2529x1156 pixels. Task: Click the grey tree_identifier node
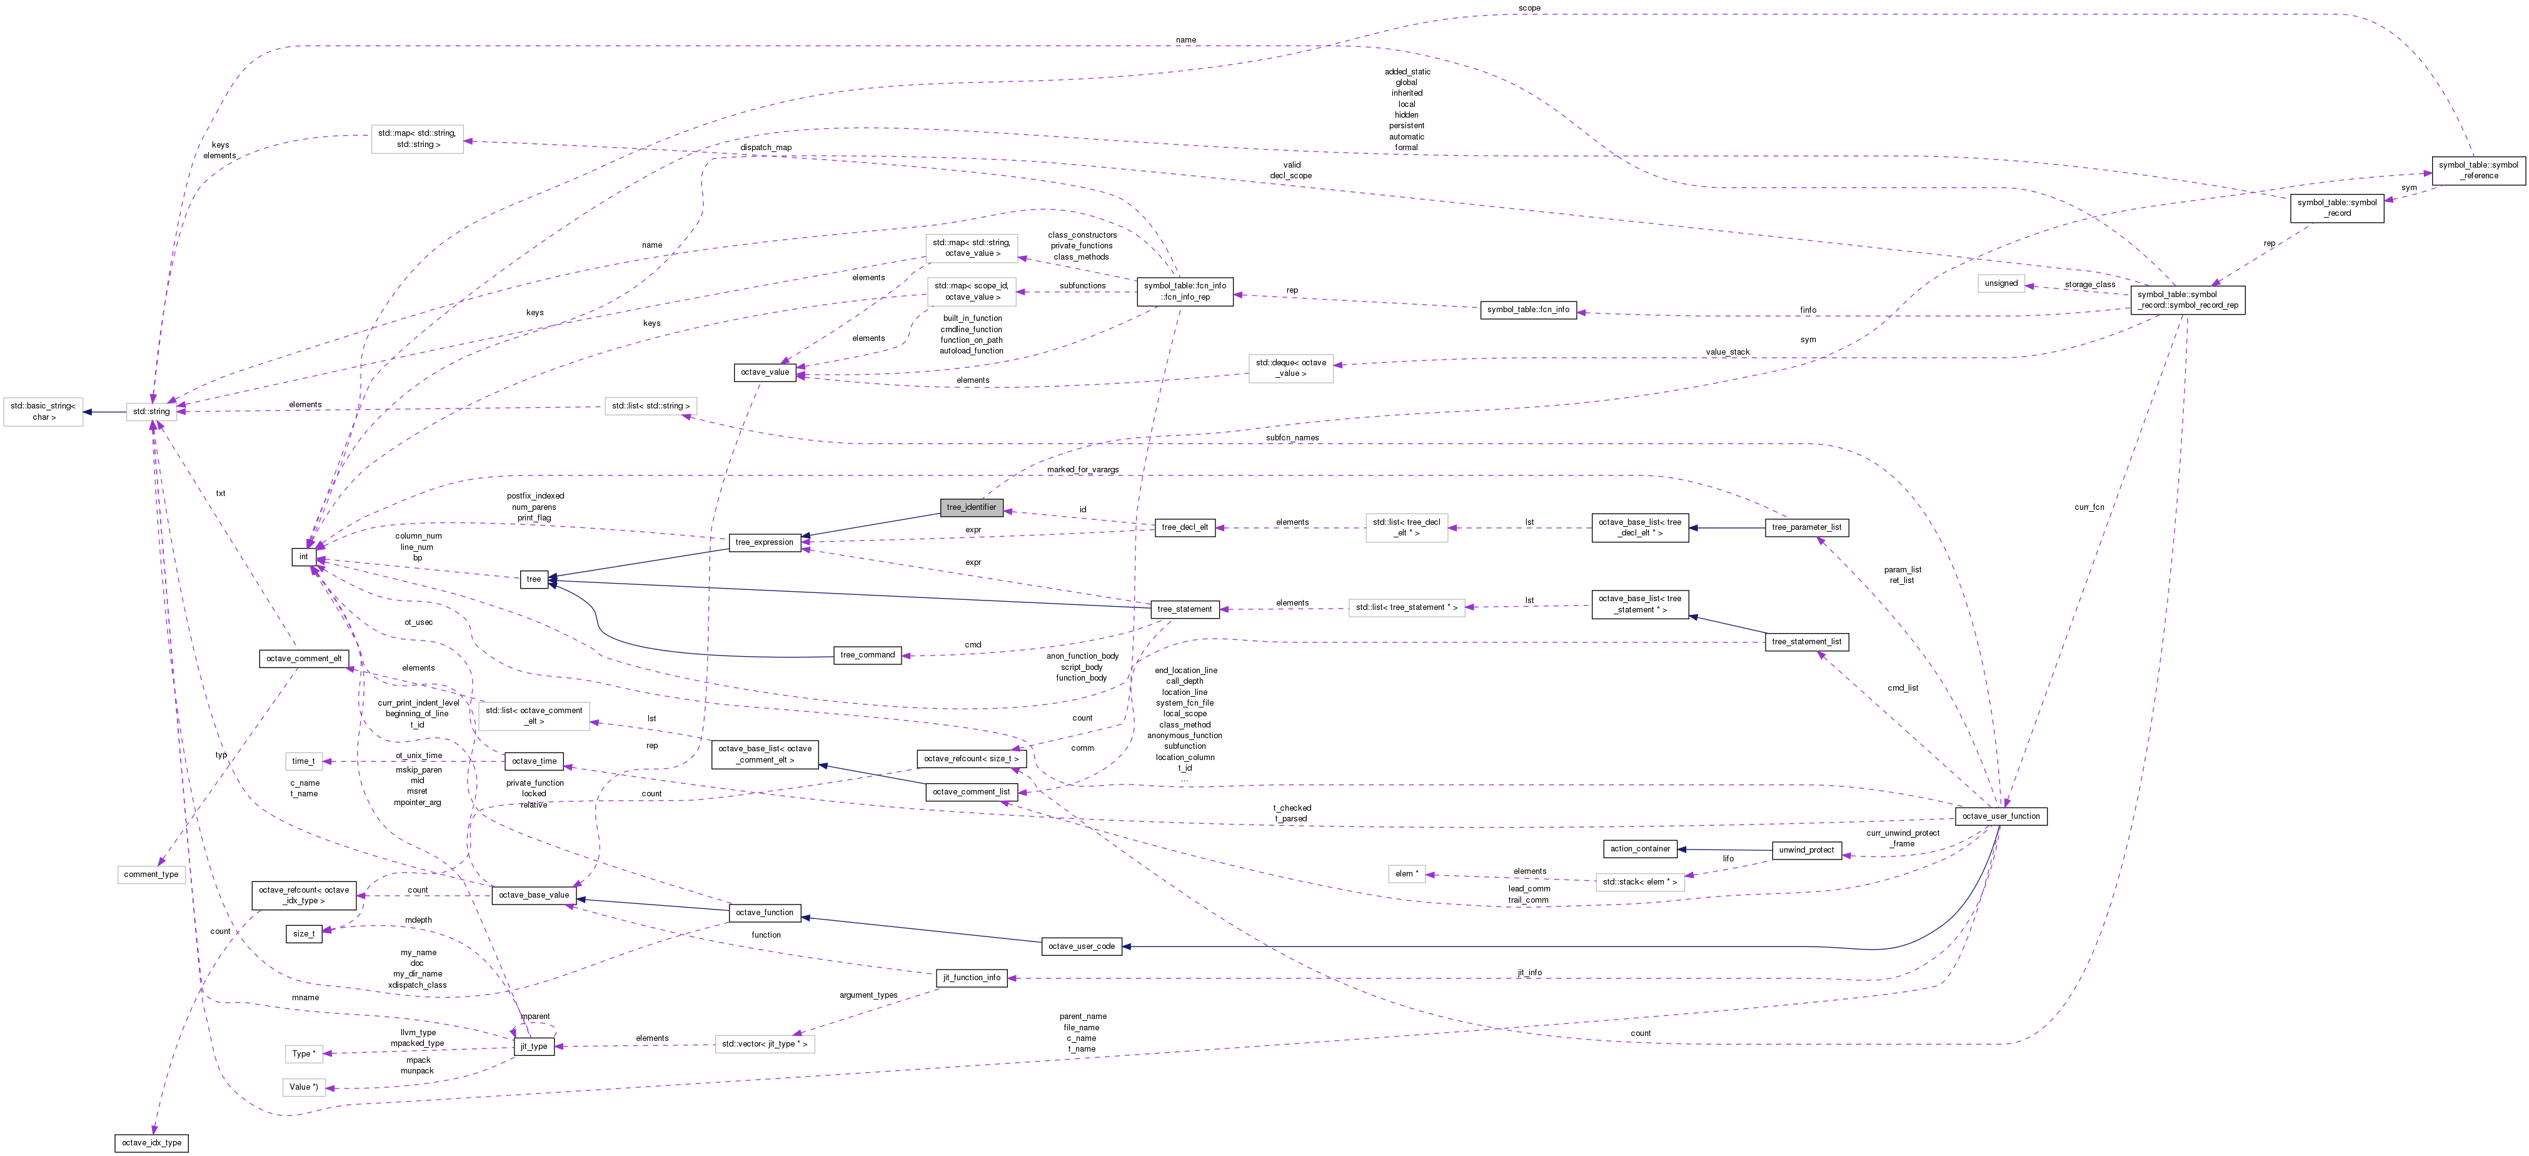pos(971,507)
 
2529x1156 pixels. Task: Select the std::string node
pos(151,412)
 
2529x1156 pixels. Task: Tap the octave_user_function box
pos(2000,816)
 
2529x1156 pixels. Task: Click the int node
pos(303,557)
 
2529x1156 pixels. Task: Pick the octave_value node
pos(765,372)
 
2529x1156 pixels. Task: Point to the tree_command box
pos(868,655)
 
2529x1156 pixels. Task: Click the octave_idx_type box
pos(151,1142)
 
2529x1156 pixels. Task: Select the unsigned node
pos(2001,283)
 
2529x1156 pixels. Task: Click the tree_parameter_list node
pos(1806,527)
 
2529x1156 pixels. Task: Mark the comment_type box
pos(151,874)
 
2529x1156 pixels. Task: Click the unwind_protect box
pos(1806,849)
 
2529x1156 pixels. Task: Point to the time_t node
pos(303,761)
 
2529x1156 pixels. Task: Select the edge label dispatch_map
pos(766,148)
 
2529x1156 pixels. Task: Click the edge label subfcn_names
pos(1292,438)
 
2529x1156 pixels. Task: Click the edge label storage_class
pos(2089,285)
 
